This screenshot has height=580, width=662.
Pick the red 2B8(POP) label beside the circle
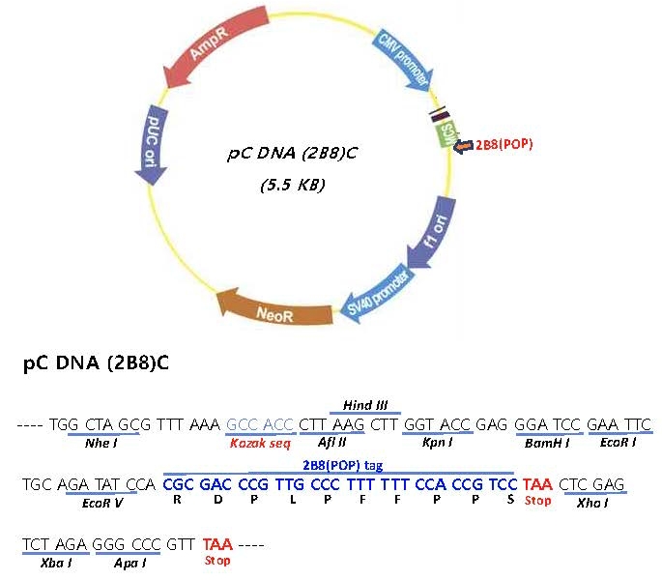[x=504, y=144]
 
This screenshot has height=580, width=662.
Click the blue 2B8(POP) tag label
[x=344, y=465]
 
